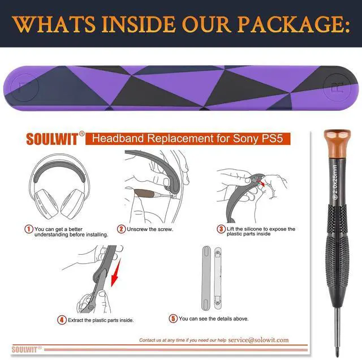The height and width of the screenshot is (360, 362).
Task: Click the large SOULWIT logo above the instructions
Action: (52, 139)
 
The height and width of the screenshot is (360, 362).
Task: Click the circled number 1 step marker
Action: (29, 229)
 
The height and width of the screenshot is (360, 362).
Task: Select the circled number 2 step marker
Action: (121, 229)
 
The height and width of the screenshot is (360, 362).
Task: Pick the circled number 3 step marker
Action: (221, 229)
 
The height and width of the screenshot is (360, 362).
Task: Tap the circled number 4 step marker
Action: (62, 320)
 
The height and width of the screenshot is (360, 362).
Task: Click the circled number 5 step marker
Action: (173, 319)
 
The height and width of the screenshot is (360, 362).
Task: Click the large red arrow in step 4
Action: (116, 273)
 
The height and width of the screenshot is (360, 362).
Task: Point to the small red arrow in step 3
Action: (261, 183)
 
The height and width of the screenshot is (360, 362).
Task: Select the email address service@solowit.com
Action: (258, 340)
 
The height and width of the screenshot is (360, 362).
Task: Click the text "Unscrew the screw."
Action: (150, 229)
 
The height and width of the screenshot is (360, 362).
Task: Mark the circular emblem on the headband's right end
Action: (337, 88)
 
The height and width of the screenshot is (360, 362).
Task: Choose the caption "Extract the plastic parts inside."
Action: (101, 320)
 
